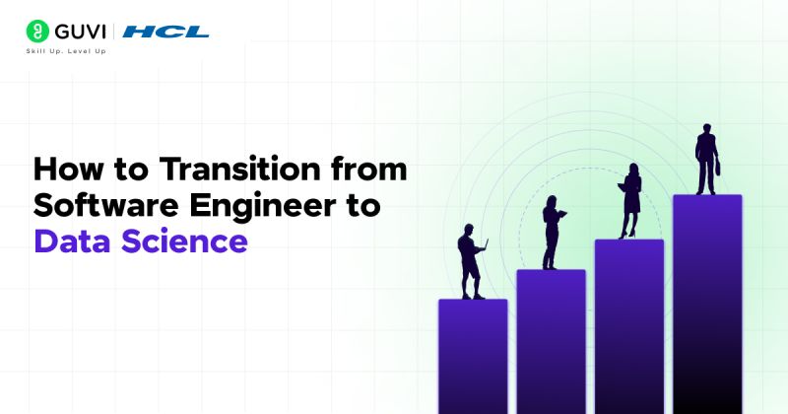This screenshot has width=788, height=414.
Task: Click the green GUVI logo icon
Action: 37,32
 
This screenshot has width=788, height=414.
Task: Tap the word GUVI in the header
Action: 80,32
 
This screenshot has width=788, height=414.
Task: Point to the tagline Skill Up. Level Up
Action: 66,51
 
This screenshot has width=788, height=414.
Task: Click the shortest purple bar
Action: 473,355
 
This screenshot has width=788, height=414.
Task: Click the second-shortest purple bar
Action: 551,340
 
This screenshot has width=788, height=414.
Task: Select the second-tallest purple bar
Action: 629,325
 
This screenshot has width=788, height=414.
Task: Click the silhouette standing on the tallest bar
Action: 705,158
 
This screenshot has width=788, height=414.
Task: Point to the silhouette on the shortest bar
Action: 471,261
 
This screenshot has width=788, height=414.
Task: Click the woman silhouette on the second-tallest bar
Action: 630,202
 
